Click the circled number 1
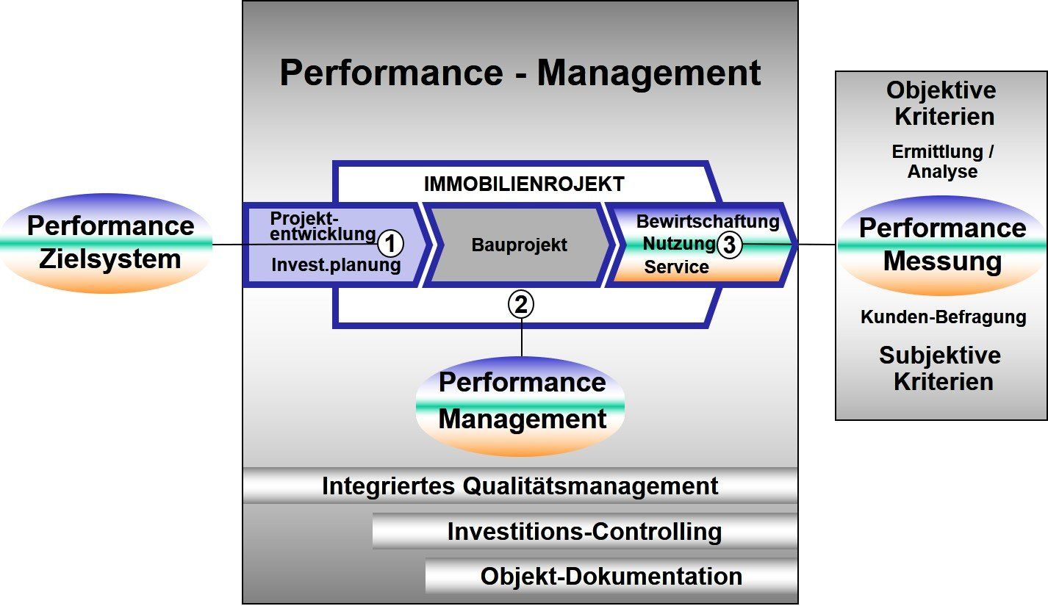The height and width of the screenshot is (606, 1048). click(x=391, y=242)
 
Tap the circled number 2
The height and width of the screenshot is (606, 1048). click(x=521, y=304)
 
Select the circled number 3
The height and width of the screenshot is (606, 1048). click(x=729, y=245)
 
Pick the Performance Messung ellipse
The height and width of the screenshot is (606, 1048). click(x=942, y=245)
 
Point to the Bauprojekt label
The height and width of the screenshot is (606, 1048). click(x=519, y=245)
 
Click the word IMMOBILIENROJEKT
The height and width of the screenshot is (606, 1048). click(x=524, y=184)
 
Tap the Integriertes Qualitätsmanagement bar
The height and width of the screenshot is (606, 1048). click(x=520, y=486)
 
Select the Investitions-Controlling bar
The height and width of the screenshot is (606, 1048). click(x=584, y=531)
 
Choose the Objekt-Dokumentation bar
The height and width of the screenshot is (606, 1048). click(x=611, y=577)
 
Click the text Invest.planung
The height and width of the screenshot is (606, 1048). click(x=336, y=265)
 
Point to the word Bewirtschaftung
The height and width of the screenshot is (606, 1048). click(x=707, y=221)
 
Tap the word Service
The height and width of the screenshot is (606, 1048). click(x=676, y=267)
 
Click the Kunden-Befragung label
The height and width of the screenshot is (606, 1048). click(x=943, y=317)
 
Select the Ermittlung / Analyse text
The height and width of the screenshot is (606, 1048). click(x=942, y=162)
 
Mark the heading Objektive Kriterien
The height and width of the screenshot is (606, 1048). click(x=941, y=104)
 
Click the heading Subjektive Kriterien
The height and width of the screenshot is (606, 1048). click(x=941, y=369)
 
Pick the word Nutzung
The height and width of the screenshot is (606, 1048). click(x=679, y=243)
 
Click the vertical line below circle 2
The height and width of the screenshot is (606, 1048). click(x=522, y=337)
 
